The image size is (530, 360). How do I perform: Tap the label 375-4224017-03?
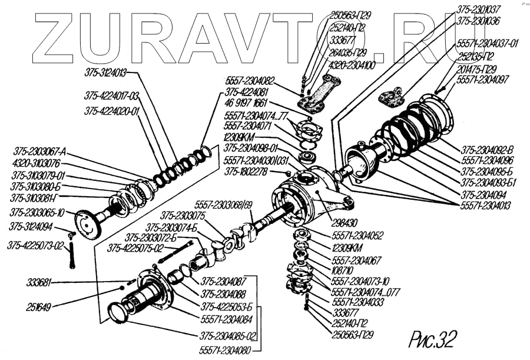point(111,95)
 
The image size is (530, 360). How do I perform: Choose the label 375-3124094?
point(31,226)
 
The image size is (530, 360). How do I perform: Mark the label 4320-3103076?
point(36,164)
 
